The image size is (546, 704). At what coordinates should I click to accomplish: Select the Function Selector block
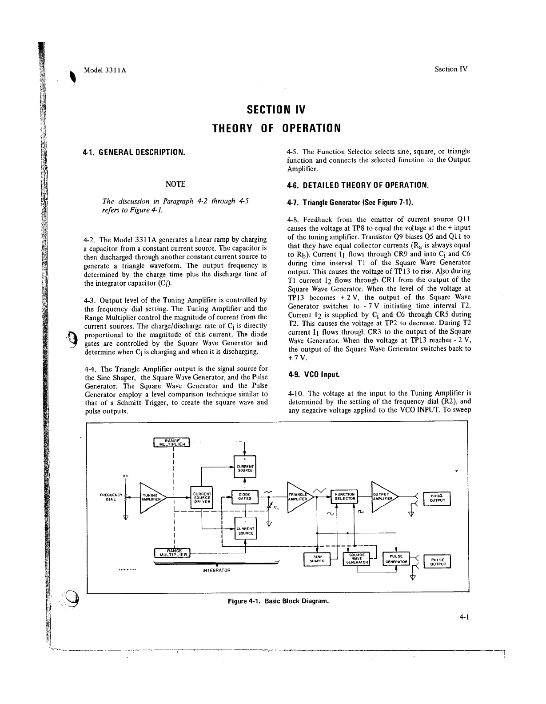click(345, 496)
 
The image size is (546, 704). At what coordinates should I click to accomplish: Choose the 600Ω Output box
click(438, 499)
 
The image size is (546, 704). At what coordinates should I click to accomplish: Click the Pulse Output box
click(438, 561)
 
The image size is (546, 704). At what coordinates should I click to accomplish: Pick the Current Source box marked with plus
click(245, 466)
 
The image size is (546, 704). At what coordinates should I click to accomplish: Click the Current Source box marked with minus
click(245, 528)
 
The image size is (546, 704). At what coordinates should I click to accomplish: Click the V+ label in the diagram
click(126, 476)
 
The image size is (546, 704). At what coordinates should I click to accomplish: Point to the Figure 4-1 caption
click(279, 601)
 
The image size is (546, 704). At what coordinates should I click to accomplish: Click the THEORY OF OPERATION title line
click(276, 128)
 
